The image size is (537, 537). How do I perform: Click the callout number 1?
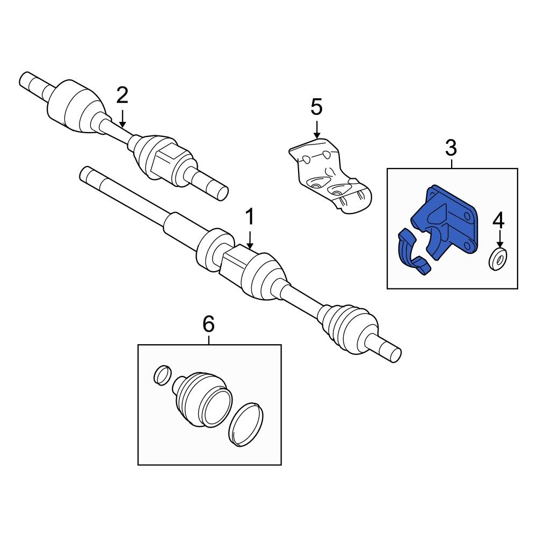(249, 218)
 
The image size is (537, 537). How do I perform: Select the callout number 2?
(122, 96)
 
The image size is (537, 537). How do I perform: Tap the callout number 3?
(451, 147)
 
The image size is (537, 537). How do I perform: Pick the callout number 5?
(316, 107)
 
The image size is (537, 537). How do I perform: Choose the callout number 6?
(208, 324)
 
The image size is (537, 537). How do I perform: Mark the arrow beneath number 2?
(122, 118)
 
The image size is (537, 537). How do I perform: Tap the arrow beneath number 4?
(499, 240)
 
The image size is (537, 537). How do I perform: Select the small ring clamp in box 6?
(162, 375)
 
